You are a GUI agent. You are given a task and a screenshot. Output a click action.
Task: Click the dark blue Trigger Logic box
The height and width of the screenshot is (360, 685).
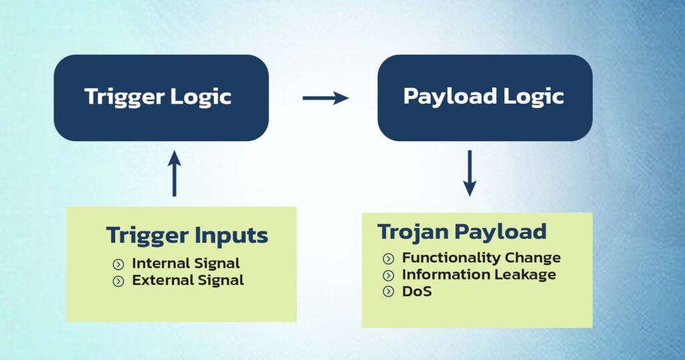(161, 98)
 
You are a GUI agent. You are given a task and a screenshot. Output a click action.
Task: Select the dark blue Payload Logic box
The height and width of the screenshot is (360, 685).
(484, 98)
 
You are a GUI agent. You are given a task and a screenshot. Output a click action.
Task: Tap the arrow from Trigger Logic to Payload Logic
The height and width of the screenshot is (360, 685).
(325, 98)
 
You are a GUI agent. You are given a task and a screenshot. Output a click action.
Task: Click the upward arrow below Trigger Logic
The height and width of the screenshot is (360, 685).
(174, 173)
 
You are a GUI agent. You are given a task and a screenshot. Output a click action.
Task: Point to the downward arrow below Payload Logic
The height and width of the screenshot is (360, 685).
(470, 173)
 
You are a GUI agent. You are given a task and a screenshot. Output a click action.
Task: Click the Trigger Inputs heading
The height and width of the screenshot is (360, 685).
(187, 236)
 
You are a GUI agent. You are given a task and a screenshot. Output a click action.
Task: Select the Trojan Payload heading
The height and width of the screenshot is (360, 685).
(462, 232)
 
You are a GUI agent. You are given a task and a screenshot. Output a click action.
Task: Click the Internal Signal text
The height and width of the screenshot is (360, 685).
(185, 263)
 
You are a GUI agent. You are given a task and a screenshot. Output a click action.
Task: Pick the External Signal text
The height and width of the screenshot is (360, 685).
(187, 280)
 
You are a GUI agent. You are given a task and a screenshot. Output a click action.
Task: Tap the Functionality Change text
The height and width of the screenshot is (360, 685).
(481, 258)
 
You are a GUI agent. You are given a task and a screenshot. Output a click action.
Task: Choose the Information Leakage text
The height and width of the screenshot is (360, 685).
(478, 274)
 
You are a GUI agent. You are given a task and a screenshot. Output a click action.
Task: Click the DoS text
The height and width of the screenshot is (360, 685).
(417, 291)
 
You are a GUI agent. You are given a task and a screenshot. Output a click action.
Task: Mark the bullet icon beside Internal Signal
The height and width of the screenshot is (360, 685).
(118, 264)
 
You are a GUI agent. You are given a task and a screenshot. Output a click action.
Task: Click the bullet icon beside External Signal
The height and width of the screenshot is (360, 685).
(118, 281)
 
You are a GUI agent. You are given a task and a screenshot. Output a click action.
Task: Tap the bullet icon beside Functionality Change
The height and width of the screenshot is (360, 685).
(389, 258)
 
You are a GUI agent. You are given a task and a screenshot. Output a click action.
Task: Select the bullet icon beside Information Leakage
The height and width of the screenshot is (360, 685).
(389, 275)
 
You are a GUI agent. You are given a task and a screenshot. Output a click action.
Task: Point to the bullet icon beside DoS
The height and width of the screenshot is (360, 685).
(389, 292)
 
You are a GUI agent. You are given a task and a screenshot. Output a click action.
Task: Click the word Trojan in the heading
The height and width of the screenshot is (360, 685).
(415, 232)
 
